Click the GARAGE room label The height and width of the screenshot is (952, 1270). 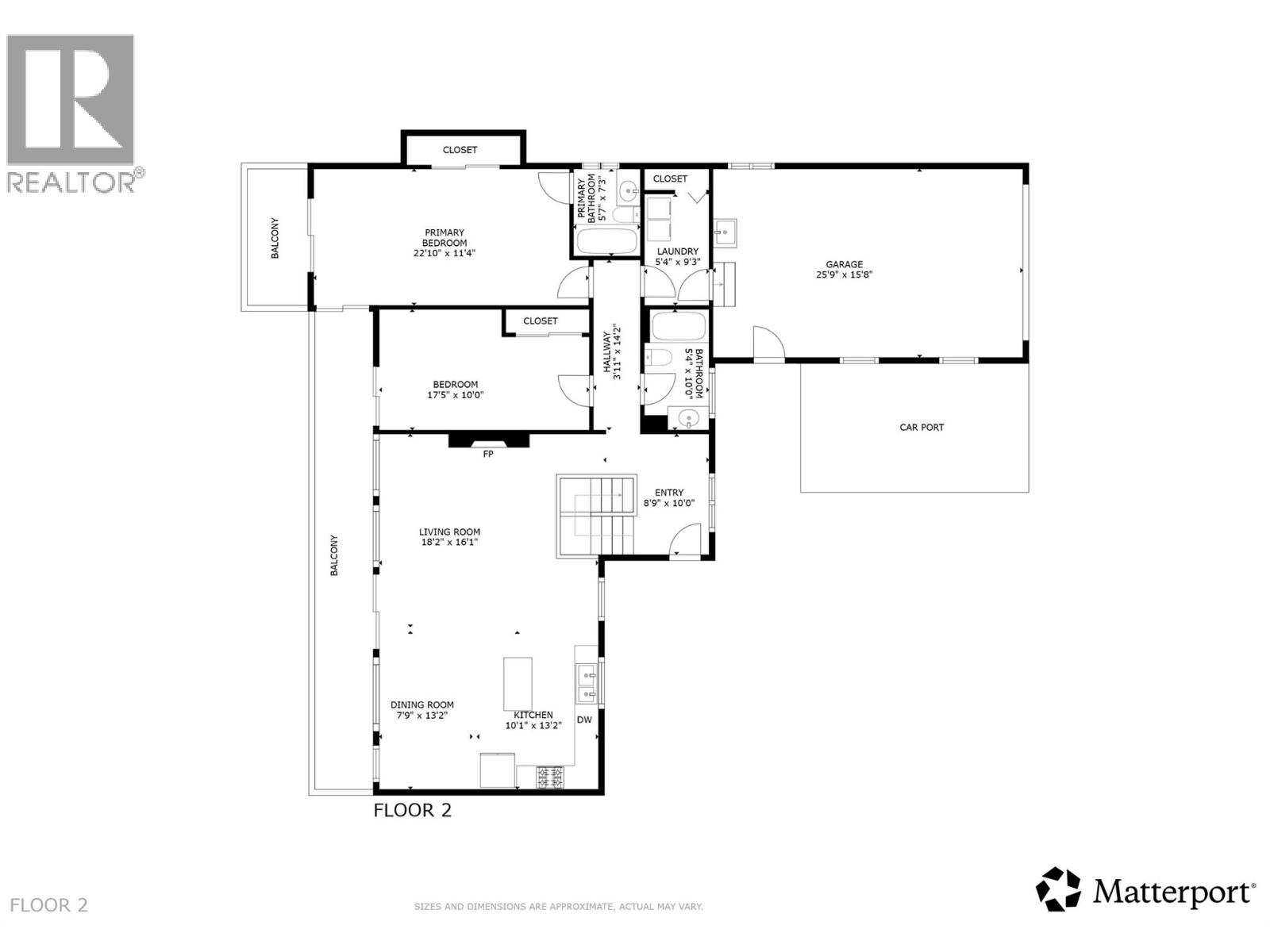[x=844, y=265]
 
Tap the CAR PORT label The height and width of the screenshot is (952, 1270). [x=922, y=428]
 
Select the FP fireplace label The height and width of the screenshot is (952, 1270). [x=488, y=455]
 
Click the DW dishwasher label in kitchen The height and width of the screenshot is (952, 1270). [x=584, y=720]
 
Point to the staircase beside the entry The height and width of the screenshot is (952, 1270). [x=597, y=516]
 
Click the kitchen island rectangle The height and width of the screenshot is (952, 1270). [x=518, y=683]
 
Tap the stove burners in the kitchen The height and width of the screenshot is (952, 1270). [x=550, y=776]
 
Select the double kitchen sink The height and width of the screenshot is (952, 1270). [x=587, y=685]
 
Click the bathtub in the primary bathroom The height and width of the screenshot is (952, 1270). [x=605, y=241]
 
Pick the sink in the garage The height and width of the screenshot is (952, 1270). [x=725, y=232]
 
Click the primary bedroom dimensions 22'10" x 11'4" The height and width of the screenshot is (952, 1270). [x=444, y=254]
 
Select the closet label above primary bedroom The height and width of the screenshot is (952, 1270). [x=460, y=150]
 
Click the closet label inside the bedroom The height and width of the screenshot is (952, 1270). [x=541, y=321]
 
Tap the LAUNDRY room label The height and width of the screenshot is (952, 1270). [x=677, y=251]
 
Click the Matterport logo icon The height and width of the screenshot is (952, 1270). [x=1059, y=889]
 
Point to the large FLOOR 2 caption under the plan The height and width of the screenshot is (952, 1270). [x=413, y=810]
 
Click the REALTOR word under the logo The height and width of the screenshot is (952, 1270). [x=70, y=182]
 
